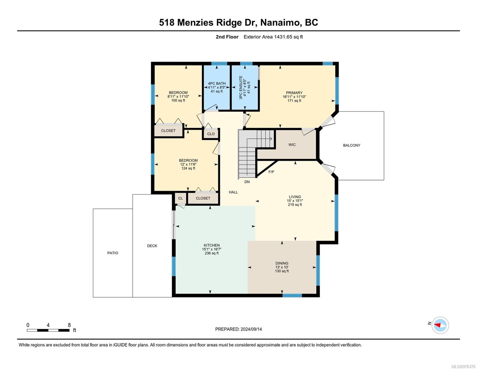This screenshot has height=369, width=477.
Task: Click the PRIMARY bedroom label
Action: pyautogui.click(x=294, y=93)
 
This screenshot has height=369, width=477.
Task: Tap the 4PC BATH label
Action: pyautogui.click(x=217, y=84)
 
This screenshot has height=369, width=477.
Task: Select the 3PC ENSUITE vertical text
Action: pyautogui.click(x=241, y=87)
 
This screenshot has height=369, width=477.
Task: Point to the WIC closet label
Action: pyautogui.click(x=292, y=145)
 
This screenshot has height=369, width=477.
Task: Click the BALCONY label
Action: pyautogui.click(x=352, y=145)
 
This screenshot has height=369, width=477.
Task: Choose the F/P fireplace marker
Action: pyautogui.click(x=271, y=172)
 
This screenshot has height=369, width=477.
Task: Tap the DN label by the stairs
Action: pyautogui.click(x=247, y=182)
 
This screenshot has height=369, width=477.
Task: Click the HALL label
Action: pyautogui.click(x=233, y=192)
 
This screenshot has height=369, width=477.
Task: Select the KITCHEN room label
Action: pyautogui.click(x=212, y=245)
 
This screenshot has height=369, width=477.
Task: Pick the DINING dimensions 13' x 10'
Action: pyautogui.click(x=282, y=267)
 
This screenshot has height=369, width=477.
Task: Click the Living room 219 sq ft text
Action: pyautogui.click(x=295, y=204)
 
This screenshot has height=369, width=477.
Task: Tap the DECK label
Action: pyautogui.click(x=152, y=246)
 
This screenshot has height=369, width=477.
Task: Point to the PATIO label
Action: pyautogui.click(x=113, y=253)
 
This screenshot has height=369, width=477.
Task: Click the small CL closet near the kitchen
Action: pyautogui.click(x=180, y=198)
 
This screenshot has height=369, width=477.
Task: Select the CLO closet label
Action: pyautogui.click(x=211, y=134)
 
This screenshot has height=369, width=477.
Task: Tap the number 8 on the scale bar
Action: pyautogui.click(x=69, y=325)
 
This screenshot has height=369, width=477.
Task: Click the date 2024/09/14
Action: pyautogui.click(x=251, y=329)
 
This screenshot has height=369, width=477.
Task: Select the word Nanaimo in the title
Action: pyautogui.click(x=280, y=22)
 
